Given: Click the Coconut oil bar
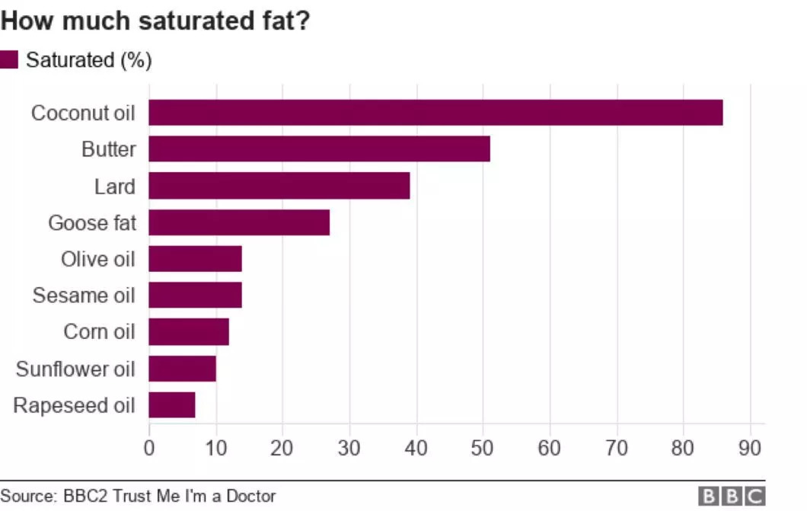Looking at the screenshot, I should click(x=435, y=113).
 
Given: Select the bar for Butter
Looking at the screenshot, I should click(x=319, y=149).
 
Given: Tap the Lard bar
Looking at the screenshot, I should click(x=279, y=186).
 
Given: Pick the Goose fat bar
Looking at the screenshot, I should click(x=239, y=222).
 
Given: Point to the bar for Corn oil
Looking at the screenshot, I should click(x=189, y=332).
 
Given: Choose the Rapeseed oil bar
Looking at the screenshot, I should click(x=172, y=405).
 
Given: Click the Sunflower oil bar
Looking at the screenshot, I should click(x=182, y=369).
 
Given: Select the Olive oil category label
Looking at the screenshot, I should click(x=97, y=259).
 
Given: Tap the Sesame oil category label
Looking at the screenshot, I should click(x=84, y=295).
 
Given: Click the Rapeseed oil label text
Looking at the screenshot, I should click(x=74, y=405).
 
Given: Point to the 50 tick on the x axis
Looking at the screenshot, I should click(x=482, y=448).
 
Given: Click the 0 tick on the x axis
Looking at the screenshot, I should click(x=149, y=448).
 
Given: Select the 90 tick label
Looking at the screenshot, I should click(x=750, y=448).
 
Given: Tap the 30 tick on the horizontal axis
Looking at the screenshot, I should click(x=349, y=448).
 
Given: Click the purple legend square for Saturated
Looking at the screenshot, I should click(x=9, y=60).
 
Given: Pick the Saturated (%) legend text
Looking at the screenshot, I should click(x=89, y=60).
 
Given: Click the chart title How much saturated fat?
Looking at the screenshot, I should click(x=155, y=21).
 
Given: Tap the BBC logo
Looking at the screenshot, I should click(x=732, y=497).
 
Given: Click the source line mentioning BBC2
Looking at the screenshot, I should click(x=139, y=497).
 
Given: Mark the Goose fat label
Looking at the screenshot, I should click(x=91, y=222).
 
